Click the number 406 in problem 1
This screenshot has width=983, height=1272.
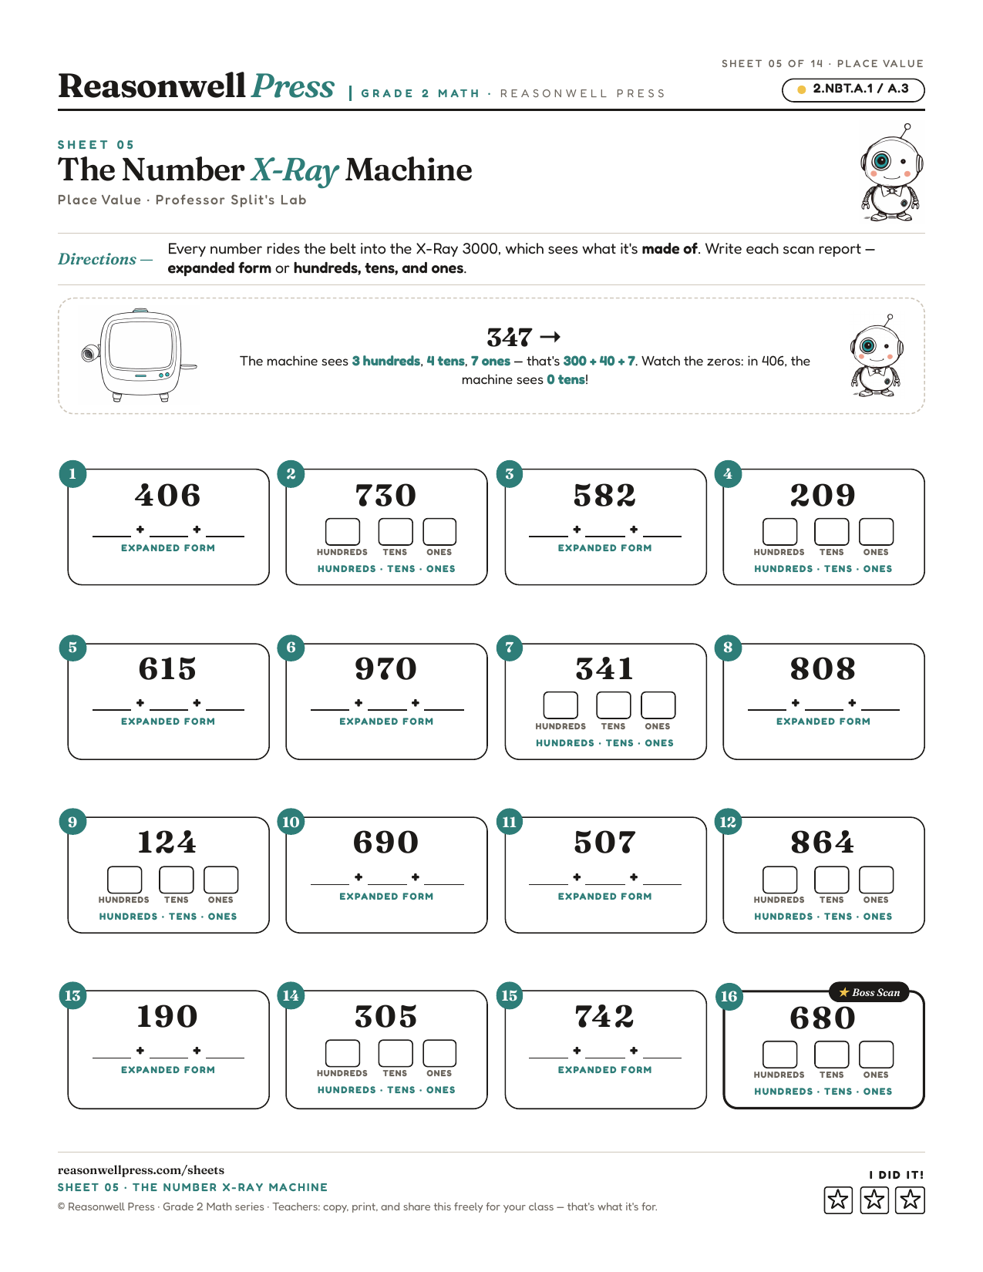[167, 495]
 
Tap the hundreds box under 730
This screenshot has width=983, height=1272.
[342, 531]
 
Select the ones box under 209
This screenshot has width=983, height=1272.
[876, 531]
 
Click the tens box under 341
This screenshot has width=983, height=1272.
[613, 705]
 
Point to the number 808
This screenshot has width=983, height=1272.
[823, 668]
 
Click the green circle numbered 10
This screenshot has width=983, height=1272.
[291, 822]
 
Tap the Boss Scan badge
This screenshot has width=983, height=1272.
[869, 992]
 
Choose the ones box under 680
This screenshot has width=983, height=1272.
[876, 1055]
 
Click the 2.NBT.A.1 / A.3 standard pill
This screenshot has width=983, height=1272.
[853, 90]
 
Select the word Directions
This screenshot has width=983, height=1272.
[97, 259]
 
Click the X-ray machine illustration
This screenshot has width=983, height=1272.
[140, 355]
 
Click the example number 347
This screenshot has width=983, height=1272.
[510, 337]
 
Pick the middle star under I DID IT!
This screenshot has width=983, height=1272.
[874, 1200]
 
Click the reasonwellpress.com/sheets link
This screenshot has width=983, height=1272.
[141, 1169]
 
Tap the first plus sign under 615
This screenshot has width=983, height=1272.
[140, 702]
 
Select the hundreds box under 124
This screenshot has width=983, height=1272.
[124, 880]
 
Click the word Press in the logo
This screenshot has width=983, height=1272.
[293, 86]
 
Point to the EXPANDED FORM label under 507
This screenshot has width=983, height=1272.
[604, 897]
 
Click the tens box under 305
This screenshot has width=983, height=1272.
[396, 1053]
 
